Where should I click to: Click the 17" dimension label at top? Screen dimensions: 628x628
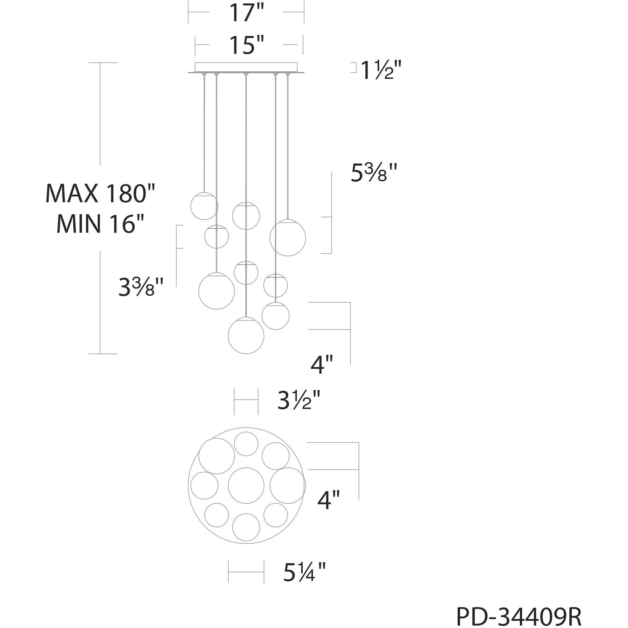click(x=246, y=14)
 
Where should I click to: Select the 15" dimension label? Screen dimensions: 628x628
click(x=246, y=46)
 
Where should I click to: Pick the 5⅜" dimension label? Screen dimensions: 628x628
click(x=374, y=173)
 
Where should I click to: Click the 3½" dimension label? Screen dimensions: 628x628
click(x=299, y=400)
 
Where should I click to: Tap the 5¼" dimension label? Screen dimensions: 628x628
click(x=304, y=572)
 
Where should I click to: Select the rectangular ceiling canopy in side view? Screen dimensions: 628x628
click(x=246, y=67)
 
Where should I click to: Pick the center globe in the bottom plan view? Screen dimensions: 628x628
click(x=246, y=485)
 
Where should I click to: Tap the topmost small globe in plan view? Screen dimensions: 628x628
click(x=246, y=444)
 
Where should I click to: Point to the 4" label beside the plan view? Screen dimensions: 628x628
click(x=328, y=500)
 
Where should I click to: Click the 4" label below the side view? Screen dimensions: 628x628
click(x=322, y=365)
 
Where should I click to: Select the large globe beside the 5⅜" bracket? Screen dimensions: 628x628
click(x=288, y=238)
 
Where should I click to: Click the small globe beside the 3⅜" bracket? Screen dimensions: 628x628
click(x=216, y=237)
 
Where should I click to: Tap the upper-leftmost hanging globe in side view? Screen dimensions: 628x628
click(x=204, y=206)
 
